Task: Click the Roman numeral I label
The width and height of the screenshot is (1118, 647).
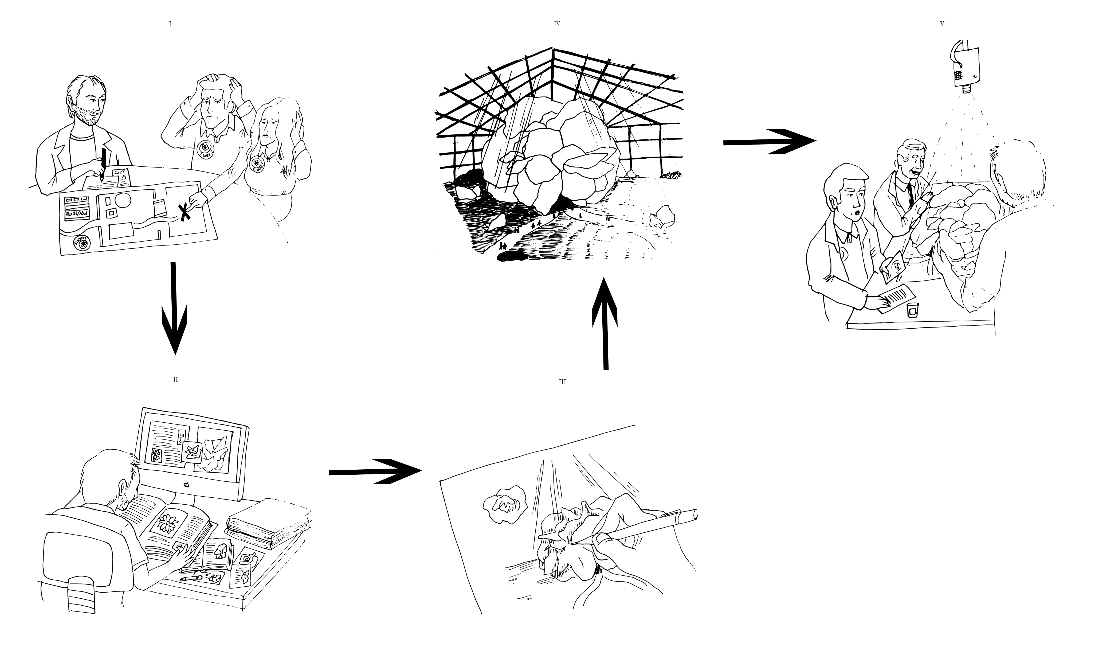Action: [x=170, y=24]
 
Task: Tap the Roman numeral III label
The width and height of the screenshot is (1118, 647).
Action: [x=562, y=382]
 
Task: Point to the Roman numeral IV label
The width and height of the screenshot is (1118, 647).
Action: [x=557, y=24]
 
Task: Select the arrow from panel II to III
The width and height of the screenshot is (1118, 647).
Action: [x=375, y=471]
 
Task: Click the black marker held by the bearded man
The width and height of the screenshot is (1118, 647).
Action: [x=103, y=164]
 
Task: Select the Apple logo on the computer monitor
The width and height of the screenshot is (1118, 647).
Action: [x=187, y=485]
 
